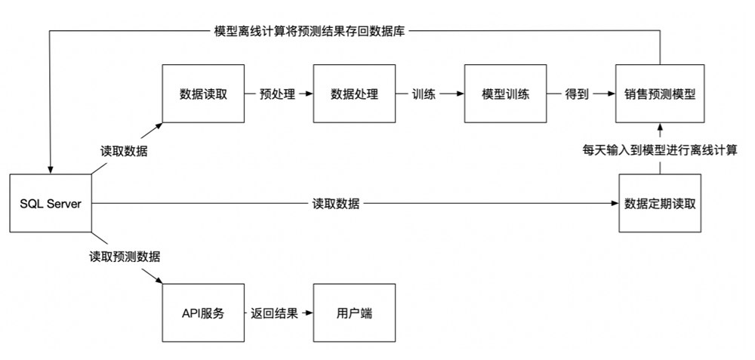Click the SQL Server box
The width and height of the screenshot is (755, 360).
[51, 204]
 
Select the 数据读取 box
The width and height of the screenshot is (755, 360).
[202, 94]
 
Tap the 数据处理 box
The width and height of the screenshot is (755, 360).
[354, 94]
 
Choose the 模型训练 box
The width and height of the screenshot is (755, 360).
[505, 94]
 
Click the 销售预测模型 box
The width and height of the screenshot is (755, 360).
[660, 94]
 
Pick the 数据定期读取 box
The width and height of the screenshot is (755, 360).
[660, 204]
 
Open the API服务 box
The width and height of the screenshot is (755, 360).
[202, 313]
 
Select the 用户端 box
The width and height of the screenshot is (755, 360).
[354, 313]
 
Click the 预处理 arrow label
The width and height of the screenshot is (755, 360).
[277, 94]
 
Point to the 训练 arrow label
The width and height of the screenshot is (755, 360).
[424, 94]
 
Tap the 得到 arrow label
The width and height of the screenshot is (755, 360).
[576, 94]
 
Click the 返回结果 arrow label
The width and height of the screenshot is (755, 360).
[275, 313]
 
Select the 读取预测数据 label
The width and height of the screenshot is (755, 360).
[125, 257]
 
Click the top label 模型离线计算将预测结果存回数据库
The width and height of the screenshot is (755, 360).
[311, 32]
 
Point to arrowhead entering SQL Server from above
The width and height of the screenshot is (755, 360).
[51, 170]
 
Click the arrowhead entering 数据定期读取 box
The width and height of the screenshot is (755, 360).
[615, 204]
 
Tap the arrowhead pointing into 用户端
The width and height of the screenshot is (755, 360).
[309, 313]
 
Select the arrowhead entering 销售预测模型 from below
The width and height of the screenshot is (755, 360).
[660, 127]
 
